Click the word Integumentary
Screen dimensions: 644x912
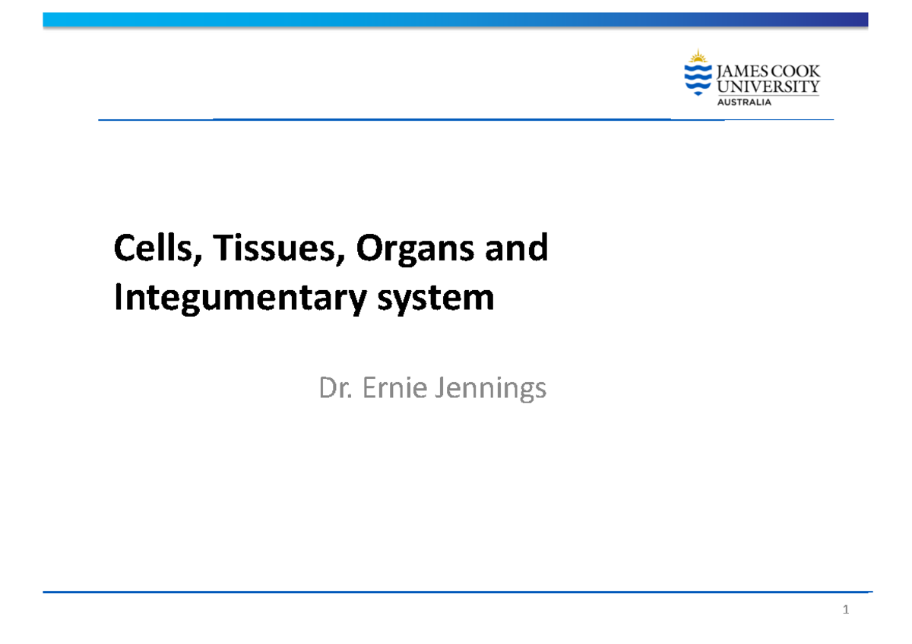pos(247,299)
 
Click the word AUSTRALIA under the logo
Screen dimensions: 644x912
pos(745,103)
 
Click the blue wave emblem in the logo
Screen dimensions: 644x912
pos(697,79)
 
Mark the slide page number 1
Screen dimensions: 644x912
pos(845,611)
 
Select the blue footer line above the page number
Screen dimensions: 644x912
pos(456,592)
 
